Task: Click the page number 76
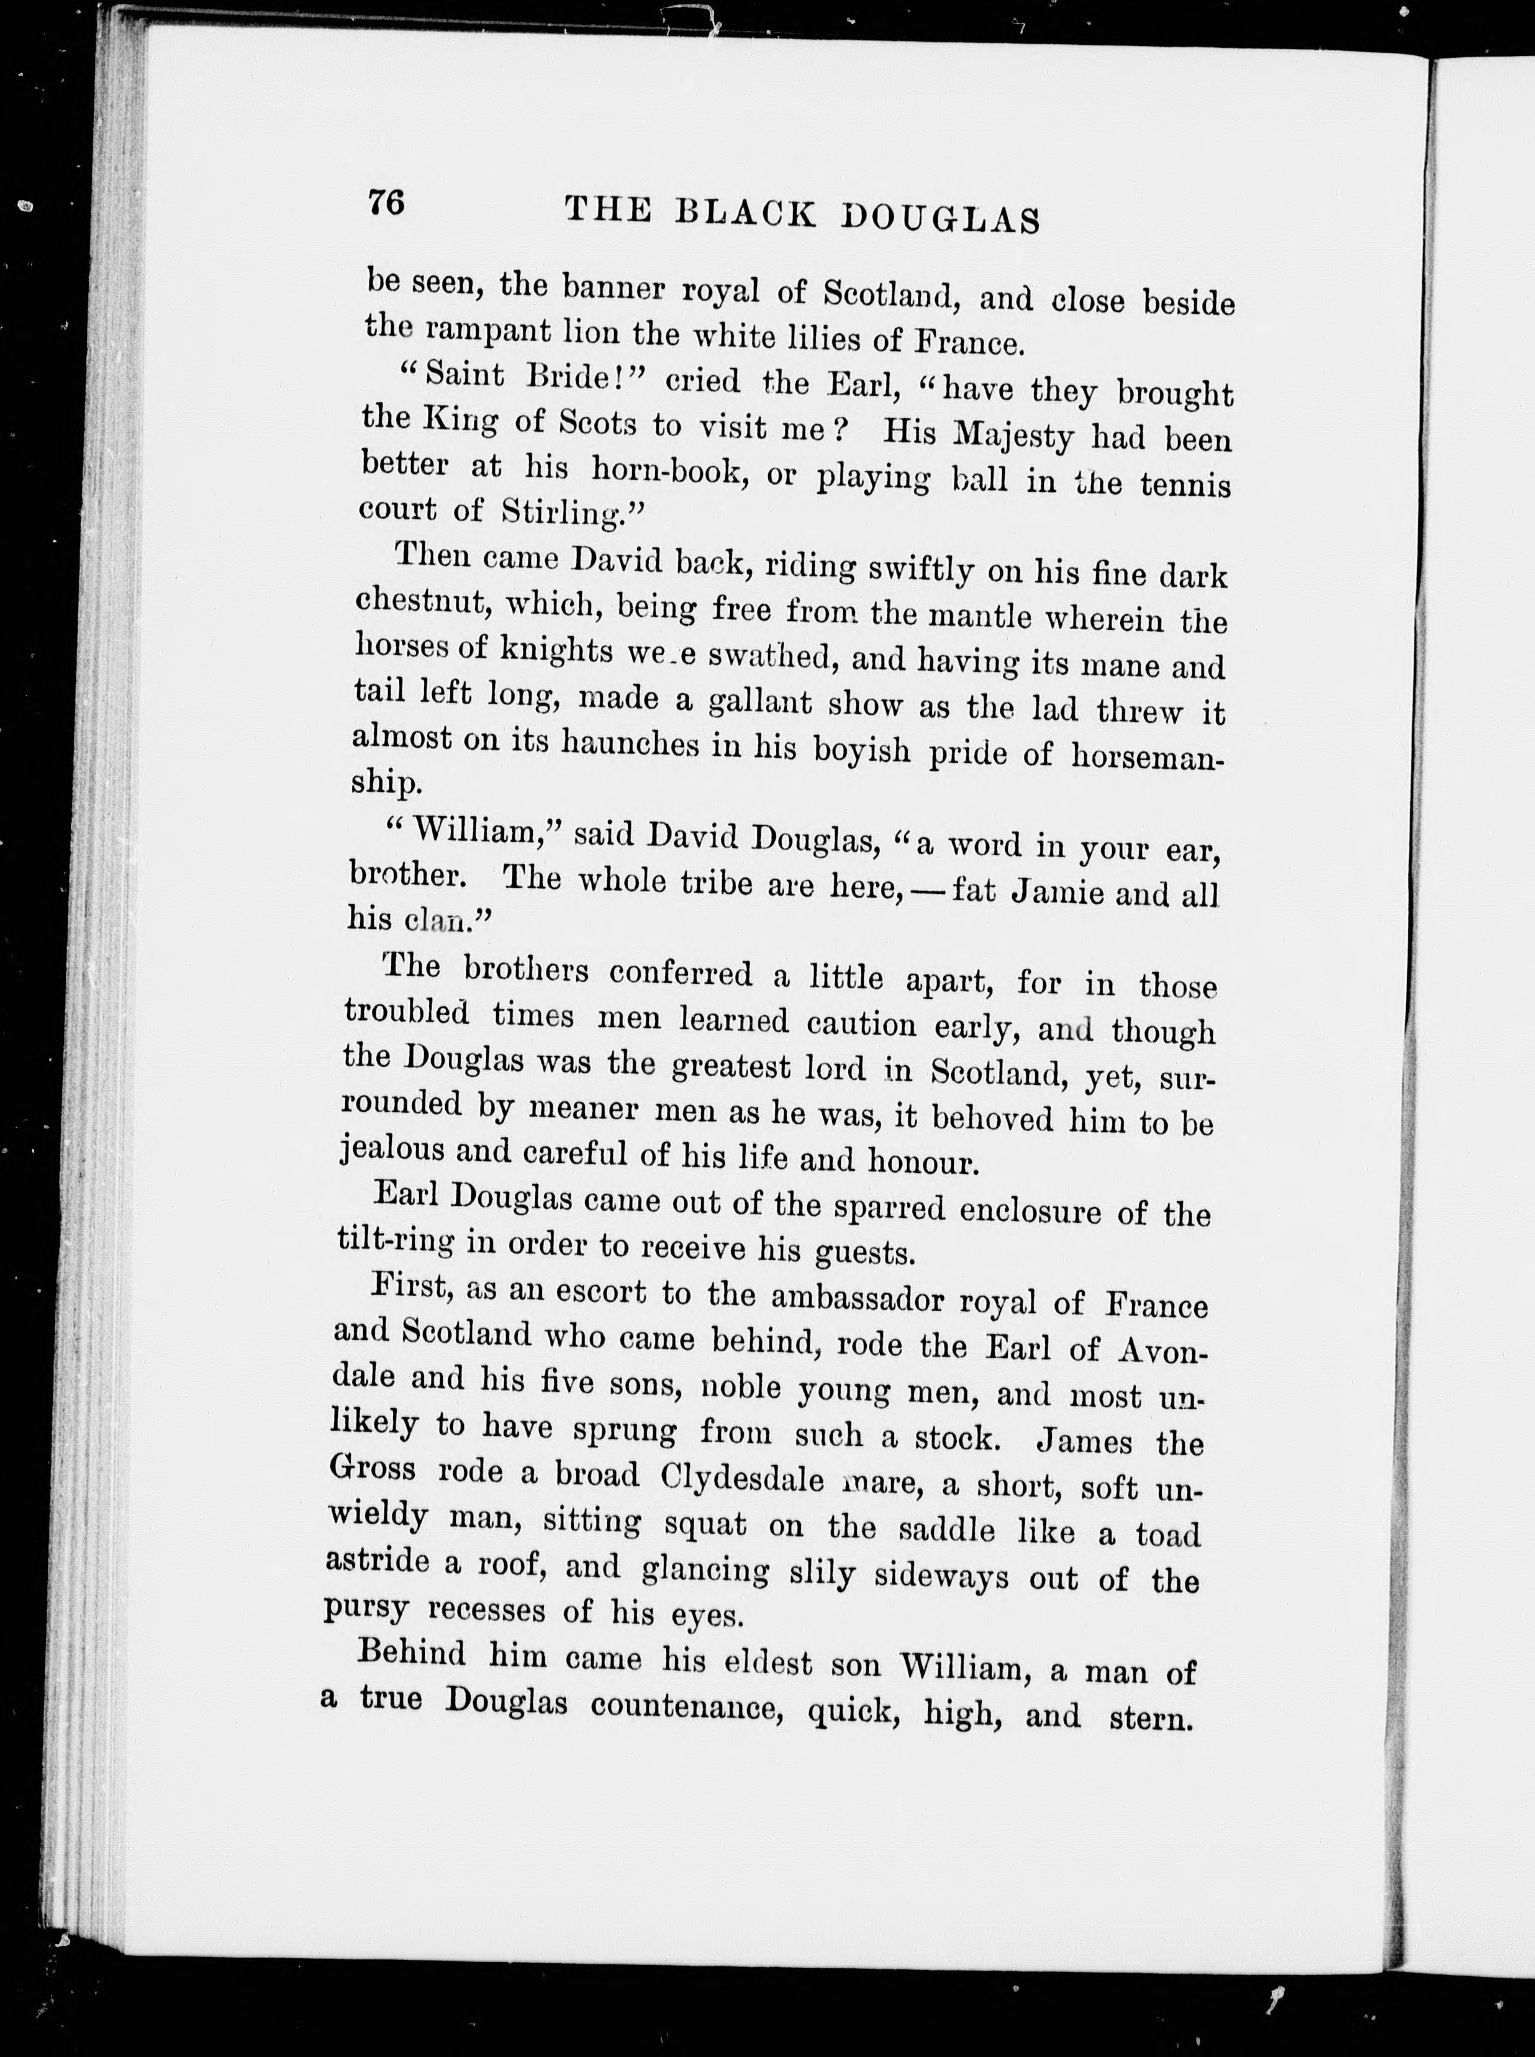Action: tap(386, 202)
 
